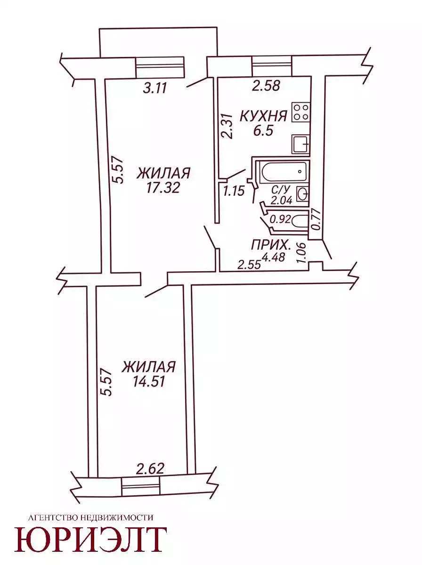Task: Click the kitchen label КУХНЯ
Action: coord(263,116)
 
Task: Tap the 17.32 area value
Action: coord(162,187)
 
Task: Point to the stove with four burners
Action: coord(301,112)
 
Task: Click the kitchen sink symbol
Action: coord(301,145)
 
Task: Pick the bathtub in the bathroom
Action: coord(284,172)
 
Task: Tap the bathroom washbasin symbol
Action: coord(302,194)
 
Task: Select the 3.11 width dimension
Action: coord(155,89)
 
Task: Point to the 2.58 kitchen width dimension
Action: coord(266,86)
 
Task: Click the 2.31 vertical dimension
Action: coord(227,127)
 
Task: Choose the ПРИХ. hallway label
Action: coord(271,246)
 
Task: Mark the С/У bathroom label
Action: coord(280,190)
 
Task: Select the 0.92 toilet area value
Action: coord(280,219)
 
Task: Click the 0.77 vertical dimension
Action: coord(316,220)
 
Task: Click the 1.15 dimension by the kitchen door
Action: coord(234,191)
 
